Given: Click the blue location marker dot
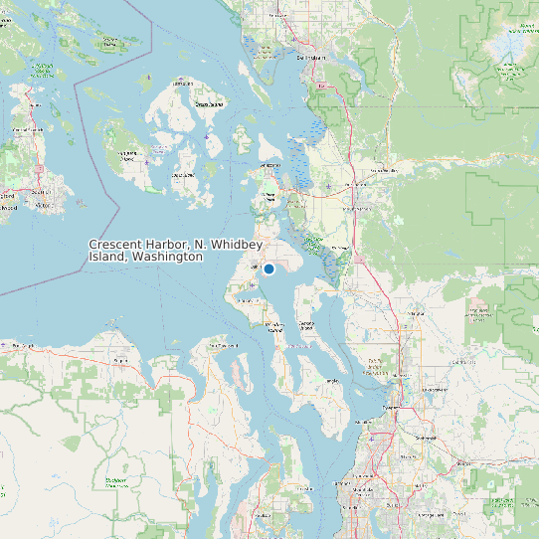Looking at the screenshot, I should (269, 269).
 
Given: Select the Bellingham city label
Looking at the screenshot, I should (311, 58).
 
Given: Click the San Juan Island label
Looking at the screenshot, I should (127, 154).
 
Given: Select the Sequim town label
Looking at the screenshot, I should (121, 360).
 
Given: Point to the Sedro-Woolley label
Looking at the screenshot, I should (383, 171).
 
